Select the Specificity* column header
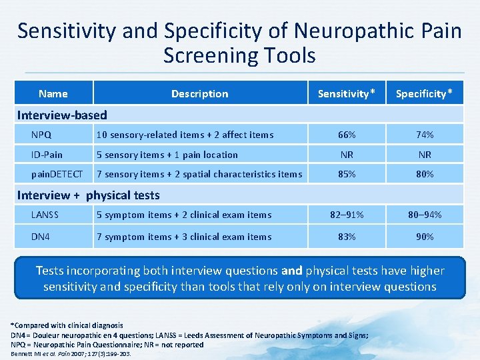coord(428,94)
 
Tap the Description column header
coord(199,94)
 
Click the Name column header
coord(53,94)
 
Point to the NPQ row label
coord(41,135)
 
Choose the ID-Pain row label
coord(47,155)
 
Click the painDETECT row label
coord(57,175)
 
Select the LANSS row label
coord(45,215)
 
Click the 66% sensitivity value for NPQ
coord(347,135)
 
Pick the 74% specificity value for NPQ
coord(425,135)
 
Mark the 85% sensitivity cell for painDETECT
coord(347,175)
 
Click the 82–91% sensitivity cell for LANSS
coord(347,215)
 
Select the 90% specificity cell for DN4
coord(425,237)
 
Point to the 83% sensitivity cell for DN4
coord(347,237)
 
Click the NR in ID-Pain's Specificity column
coord(425,155)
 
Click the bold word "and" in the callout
coord(292,271)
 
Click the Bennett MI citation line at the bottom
coord(71,354)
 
